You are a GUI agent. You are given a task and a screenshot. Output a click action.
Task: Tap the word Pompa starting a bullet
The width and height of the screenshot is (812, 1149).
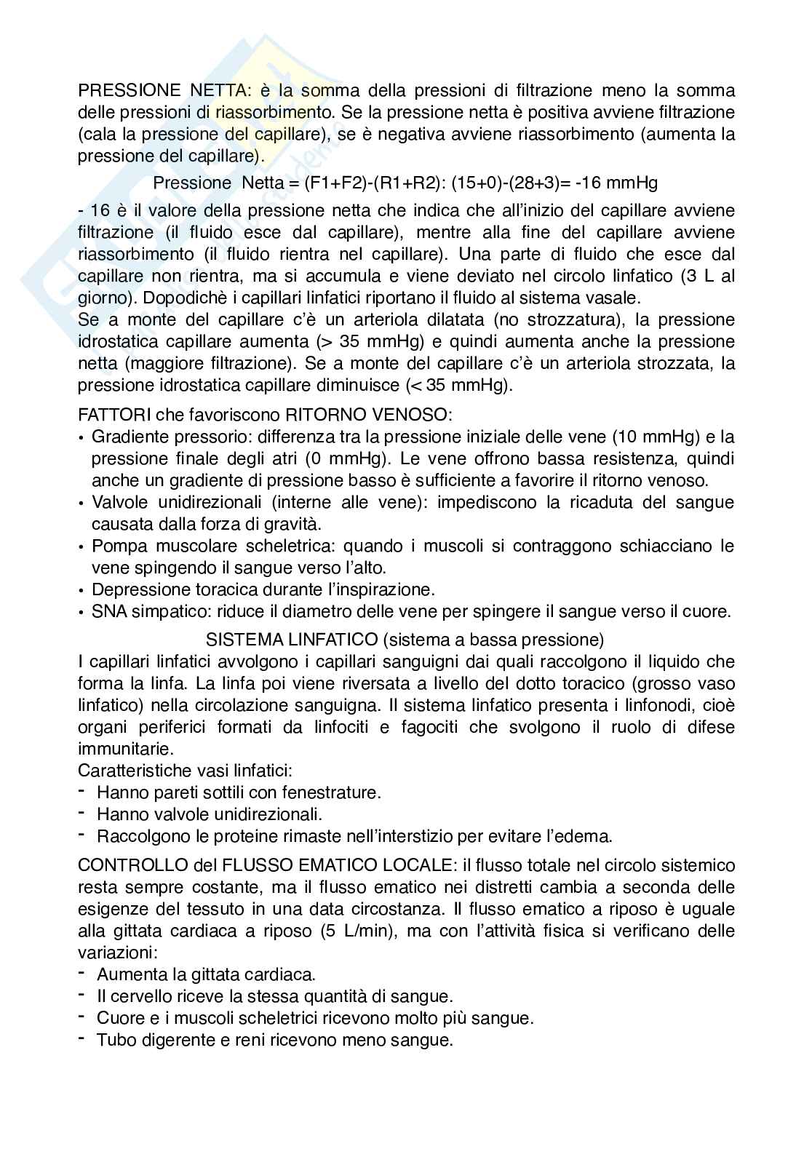tap(116, 546)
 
